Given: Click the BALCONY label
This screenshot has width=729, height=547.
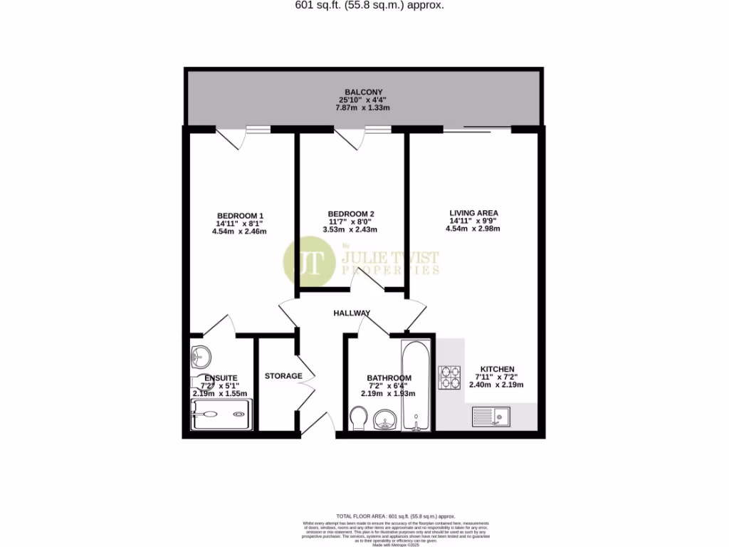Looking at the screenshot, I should pos(364,92).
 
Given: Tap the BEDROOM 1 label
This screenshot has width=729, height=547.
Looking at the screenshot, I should pos(240,216).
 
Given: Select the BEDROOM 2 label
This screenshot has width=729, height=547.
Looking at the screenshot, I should pos(351,214).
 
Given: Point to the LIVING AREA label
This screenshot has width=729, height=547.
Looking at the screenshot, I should pos(473,212).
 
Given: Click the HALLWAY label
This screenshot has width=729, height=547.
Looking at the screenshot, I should pos(352,313).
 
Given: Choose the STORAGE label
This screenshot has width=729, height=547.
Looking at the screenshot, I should pos(283,376).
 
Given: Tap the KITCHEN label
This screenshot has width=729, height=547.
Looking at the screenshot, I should pos(497,369).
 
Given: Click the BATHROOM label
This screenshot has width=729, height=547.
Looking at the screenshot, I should pos(389,378).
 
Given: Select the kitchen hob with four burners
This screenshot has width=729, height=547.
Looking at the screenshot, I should pos(450,377).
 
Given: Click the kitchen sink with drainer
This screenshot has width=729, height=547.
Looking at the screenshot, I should pos(492,416).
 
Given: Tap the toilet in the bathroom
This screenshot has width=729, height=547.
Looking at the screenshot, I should pos(360,417).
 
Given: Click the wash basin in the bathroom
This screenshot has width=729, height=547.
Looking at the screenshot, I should pos(387,419).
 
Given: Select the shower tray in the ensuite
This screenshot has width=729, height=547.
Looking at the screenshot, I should pos(221,414).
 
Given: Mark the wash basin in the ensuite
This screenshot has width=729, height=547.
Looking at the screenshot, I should pos(201,353).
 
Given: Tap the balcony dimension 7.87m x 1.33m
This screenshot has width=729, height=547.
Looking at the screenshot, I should pos(362,108).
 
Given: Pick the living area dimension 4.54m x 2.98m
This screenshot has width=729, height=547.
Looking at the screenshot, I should pos(473,229).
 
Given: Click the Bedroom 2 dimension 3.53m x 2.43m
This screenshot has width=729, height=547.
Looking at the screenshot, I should pos(350,229).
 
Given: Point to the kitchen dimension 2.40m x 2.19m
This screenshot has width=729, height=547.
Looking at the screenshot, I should pos(496,385).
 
